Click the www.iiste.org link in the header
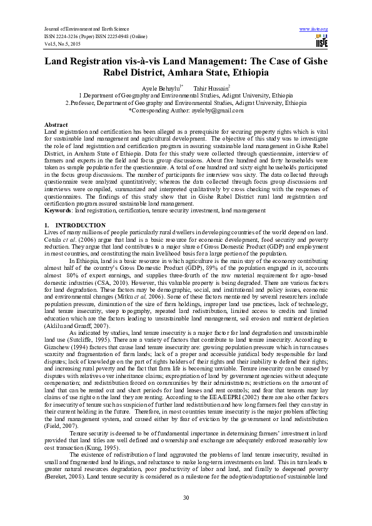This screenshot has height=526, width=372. [314, 29]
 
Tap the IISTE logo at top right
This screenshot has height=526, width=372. [321, 42]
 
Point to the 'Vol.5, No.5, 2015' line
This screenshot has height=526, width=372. [63, 43]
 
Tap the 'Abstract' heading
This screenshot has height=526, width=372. [56, 125]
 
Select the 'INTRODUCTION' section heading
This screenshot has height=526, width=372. [80, 224]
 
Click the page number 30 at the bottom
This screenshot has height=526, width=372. [186, 497]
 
